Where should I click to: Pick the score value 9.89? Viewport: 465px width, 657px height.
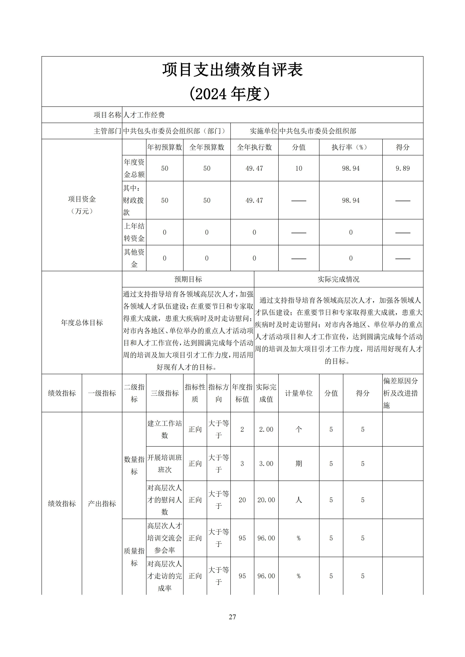point(403,168)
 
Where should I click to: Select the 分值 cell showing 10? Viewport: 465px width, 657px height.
point(299,168)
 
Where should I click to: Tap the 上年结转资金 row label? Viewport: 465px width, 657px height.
point(134,232)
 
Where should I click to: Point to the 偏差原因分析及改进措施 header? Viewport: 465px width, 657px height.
point(401,393)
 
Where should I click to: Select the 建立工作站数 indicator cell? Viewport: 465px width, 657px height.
point(165,429)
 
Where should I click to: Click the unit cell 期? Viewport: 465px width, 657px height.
point(299,464)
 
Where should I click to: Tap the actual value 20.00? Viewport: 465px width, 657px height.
point(266,500)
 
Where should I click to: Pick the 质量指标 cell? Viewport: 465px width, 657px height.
point(134,557)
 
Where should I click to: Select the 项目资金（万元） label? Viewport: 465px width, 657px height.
point(82,205)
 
